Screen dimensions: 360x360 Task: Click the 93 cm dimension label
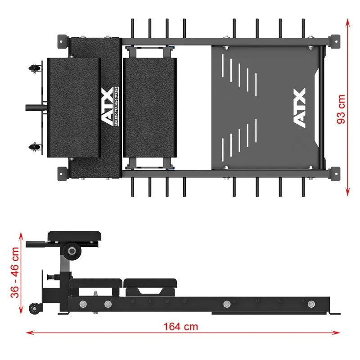tap(341, 109)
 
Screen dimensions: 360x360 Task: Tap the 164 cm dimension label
tap(181, 327)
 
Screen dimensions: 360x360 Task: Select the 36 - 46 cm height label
tap(15, 273)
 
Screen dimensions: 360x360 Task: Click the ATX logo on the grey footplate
tap(300, 108)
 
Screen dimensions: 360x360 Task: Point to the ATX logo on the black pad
tap(108, 106)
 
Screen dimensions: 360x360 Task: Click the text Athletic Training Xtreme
tap(117, 106)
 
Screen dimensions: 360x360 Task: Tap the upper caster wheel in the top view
tap(34, 68)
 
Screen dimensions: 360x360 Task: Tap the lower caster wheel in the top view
tap(34, 147)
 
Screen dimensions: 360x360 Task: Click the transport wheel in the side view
tap(35, 308)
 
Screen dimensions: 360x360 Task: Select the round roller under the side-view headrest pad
tap(72, 251)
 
